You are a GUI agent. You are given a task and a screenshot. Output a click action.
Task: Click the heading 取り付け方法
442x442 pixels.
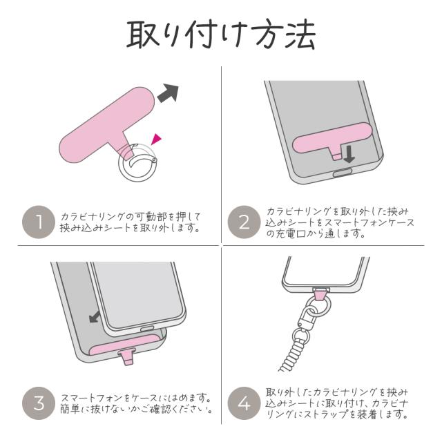[x=221, y=33]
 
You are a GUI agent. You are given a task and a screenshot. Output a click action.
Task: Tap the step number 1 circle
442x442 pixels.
[x=39, y=222]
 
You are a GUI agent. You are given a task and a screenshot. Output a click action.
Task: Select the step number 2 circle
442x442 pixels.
[x=244, y=222]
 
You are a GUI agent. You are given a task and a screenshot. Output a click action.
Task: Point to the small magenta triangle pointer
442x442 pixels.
[x=157, y=140]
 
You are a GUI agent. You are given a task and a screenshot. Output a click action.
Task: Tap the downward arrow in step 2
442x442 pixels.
[x=349, y=152]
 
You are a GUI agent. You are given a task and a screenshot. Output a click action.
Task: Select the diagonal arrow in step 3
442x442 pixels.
[x=95, y=317]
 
